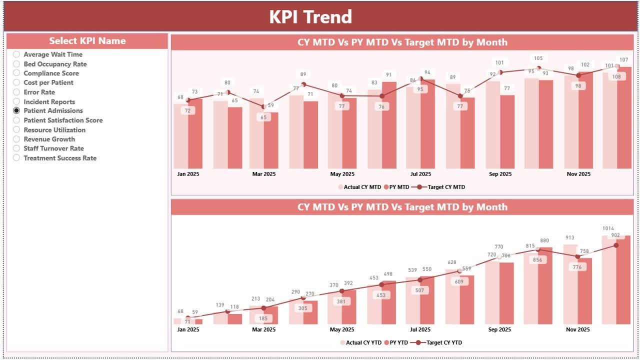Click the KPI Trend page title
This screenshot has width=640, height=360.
[x=310, y=16]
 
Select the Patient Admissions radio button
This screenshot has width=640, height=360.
[x=17, y=110]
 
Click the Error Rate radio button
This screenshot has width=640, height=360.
[x=17, y=92]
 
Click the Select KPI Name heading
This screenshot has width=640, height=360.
[x=87, y=41]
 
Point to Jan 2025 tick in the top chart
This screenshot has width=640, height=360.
[x=188, y=174]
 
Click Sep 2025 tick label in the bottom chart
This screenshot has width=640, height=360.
[x=500, y=330]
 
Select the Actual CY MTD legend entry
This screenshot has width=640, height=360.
[x=359, y=187]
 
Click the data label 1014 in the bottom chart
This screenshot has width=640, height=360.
[x=608, y=228]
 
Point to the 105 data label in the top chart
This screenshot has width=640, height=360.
[x=538, y=58]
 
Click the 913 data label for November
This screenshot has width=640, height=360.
[x=570, y=238]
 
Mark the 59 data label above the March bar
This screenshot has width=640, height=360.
[x=271, y=105]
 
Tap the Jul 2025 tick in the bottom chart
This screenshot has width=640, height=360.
[x=420, y=330]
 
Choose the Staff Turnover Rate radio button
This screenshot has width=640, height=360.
[x=17, y=148]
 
